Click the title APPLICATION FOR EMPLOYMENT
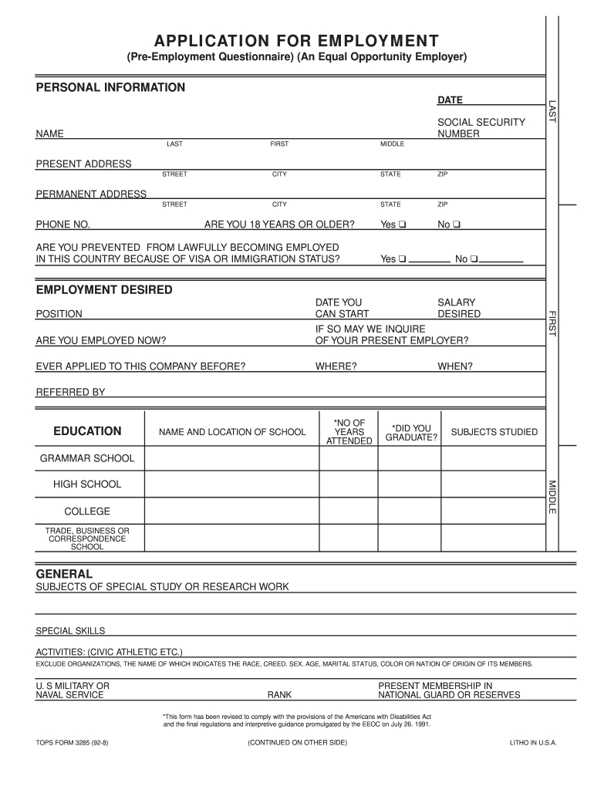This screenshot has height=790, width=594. pos(296,40)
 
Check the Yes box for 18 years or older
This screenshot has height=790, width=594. pos(403,225)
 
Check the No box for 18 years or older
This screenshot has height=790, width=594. pos(457,225)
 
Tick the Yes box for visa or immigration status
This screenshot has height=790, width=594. pos(403,259)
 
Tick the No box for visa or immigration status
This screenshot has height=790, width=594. pos(474,259)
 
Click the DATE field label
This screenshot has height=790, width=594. pos(450,100)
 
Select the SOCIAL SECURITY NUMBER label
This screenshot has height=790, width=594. pos(470,128)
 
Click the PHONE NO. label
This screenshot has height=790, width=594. pos(63,225)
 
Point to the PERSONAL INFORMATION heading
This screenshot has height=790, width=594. pos(111,87)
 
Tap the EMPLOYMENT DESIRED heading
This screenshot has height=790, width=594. pos(104,289)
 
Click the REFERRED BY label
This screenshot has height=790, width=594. pos(70,392)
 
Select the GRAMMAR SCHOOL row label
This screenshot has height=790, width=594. pos(87,458)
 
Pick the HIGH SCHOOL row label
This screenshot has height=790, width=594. pos(87,484)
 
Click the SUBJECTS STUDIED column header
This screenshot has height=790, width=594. pos(494,432)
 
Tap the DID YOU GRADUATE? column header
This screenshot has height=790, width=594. pos(411,433)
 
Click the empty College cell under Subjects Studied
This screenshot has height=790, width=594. pos(494,511)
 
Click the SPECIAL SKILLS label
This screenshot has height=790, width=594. pos(70,631)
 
